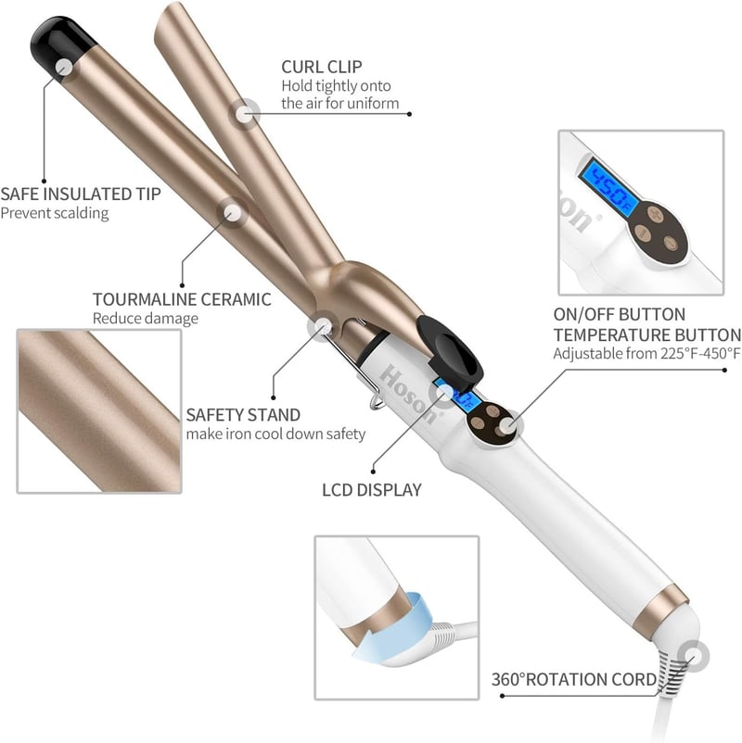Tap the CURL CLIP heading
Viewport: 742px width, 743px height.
(x=322, y=67)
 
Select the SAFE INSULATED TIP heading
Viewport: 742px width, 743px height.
(x=81, y=194)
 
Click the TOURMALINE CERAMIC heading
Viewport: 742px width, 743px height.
(x=182, y=299)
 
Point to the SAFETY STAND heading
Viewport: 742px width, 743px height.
(x=243, y=415)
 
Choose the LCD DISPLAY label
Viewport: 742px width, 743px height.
(x=372, y=490)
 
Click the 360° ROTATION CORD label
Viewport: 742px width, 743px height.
(x=574, y=679)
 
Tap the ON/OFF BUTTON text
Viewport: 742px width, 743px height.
(x=620, y=315)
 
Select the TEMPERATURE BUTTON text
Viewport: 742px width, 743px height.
(x=647, y=335)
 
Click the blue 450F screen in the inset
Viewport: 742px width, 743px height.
(x=608, y=186)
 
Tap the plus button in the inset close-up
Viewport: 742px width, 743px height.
(x=656, y=213)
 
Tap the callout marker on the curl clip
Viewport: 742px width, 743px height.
(x=244, y=114)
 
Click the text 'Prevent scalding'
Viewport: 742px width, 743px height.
(x=55, y=213)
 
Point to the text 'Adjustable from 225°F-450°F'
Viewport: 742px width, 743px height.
(x=646, y=354)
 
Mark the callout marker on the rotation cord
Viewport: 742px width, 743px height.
(x=693, y=656)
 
